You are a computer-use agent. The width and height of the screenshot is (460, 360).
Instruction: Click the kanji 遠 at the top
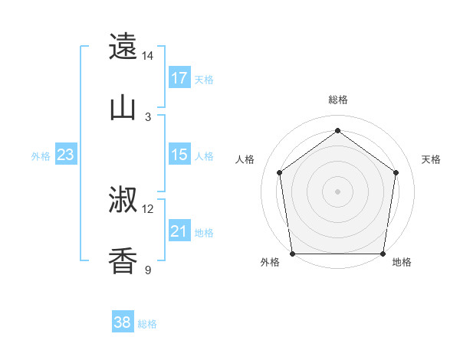(x=123, y=47)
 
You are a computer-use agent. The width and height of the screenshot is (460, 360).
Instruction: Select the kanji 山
(x=123, y=108)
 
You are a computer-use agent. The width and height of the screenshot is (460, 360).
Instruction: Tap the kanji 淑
(x=123, y=201)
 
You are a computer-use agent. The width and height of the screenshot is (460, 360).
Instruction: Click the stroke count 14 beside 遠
(x=148, y=56)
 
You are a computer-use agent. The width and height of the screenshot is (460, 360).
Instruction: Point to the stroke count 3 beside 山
(x=148, y=117)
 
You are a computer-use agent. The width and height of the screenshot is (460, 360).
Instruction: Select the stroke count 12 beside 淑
(x=148, y=209)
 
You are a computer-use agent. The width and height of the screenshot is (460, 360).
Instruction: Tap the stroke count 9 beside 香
(x=148, y=270)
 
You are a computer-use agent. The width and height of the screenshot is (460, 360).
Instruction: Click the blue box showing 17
(x=179, y=78)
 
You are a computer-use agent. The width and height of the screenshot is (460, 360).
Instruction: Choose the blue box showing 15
(x=179, y=155)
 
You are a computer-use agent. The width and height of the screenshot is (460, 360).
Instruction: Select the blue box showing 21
(x=179, y=231)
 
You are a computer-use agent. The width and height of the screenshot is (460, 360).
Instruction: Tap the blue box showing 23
(x=66, y=155)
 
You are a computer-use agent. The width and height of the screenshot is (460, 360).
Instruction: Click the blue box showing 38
(x=123, y=323)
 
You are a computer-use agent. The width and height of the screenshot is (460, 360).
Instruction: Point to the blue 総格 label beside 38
(x=147, y=324)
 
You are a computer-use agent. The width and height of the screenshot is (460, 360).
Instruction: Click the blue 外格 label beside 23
(x=41, y=156)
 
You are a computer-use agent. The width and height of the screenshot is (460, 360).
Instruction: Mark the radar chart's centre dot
(x=337, y=191)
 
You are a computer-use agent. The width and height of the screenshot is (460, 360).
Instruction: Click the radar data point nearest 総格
(x=337, y=130)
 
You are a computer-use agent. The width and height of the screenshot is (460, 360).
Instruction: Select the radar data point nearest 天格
(x=396, y=172)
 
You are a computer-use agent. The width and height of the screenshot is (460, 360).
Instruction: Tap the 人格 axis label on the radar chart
(x=245, y=159)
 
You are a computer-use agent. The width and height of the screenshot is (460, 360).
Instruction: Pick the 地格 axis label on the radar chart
(x=402, y=263)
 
